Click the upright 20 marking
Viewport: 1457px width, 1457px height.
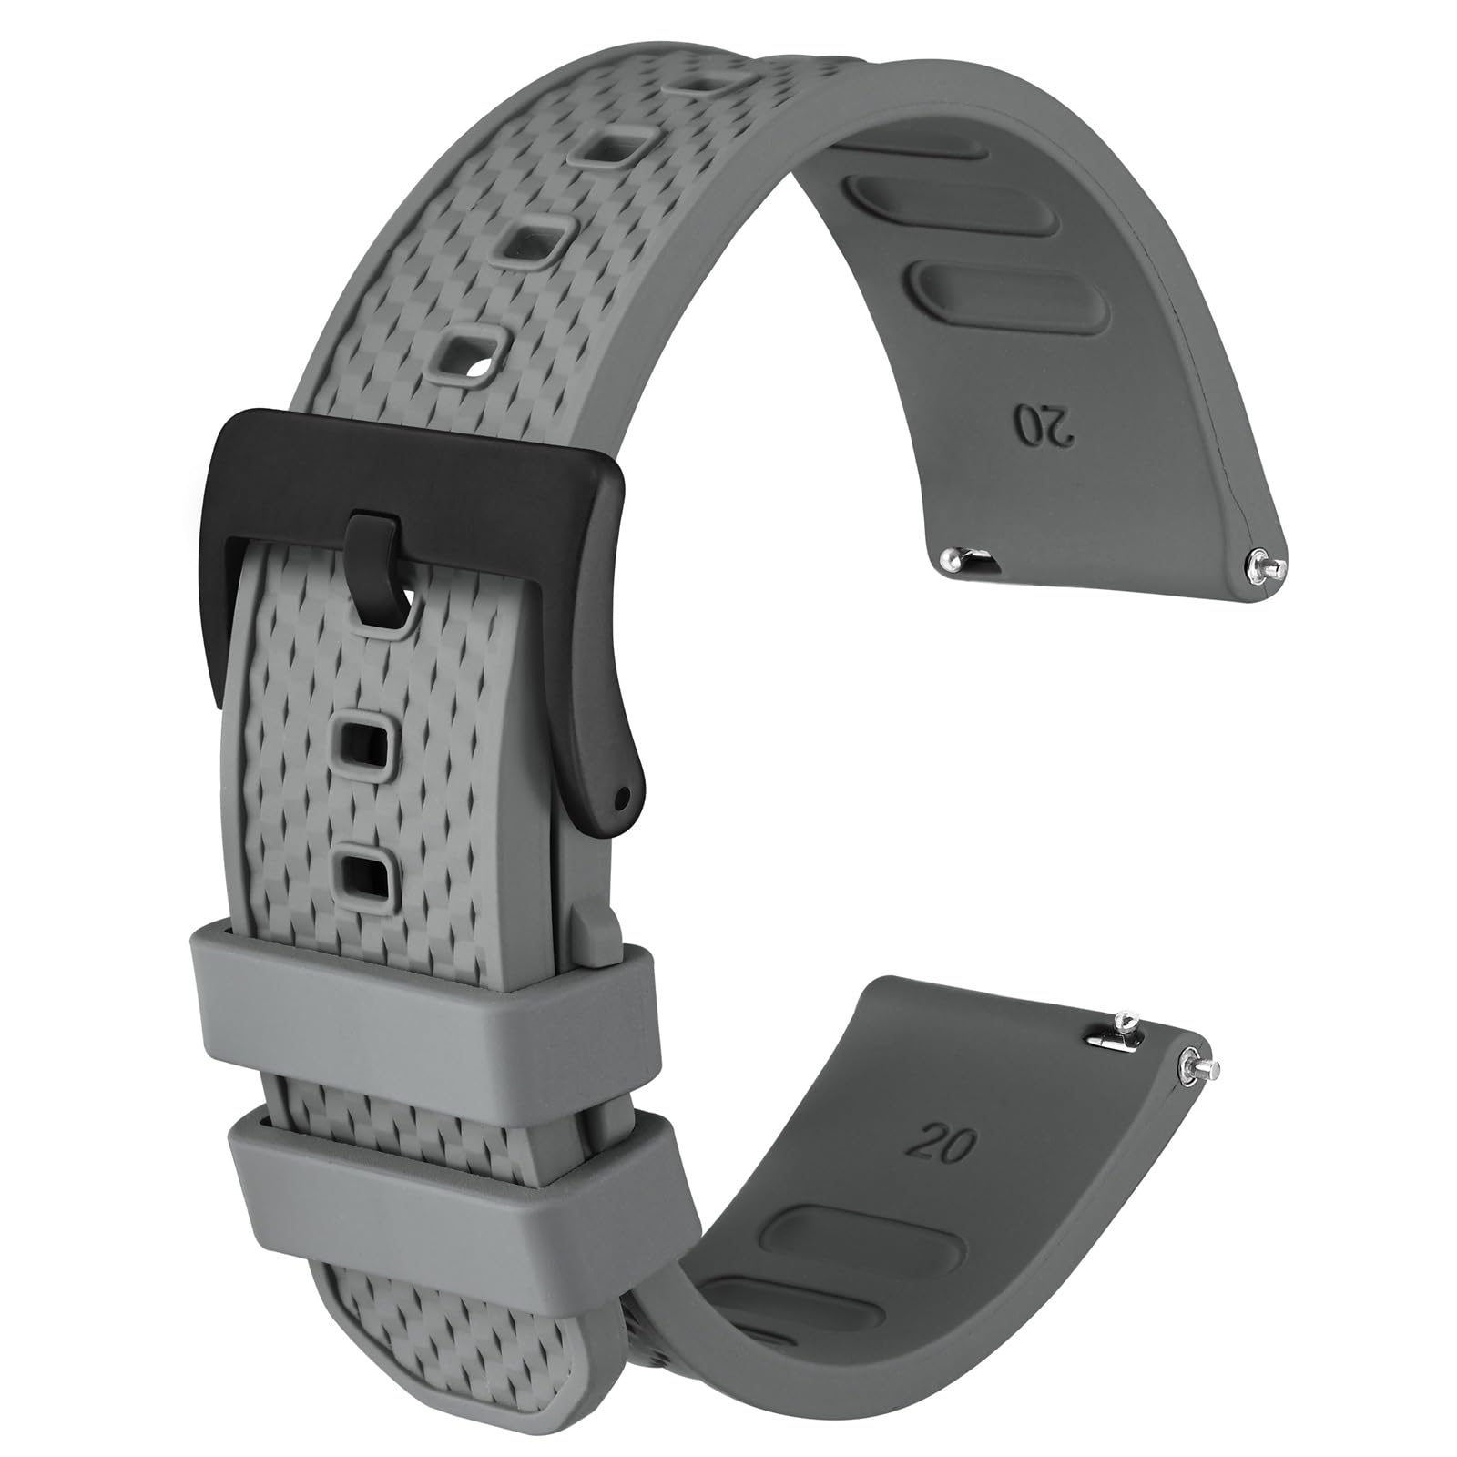[x=947, y=1143]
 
